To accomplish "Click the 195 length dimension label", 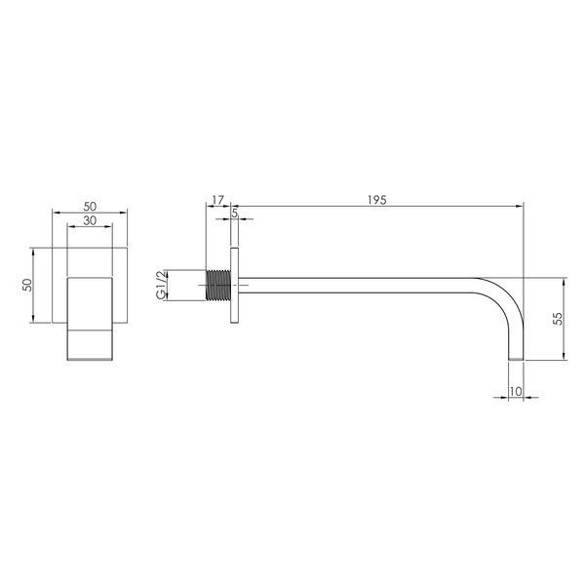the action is pos(376,200).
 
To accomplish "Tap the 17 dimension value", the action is pos(217,200).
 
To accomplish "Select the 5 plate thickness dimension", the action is pos(235,214).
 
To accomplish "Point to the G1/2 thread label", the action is pos(161,285).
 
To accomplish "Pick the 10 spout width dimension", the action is pos(515,391).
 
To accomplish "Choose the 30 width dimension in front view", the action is pos(90,220).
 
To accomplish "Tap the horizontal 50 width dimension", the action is pos(90,207).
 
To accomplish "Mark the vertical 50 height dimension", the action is pos(27,285).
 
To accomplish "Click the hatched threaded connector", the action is pos(218,285).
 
